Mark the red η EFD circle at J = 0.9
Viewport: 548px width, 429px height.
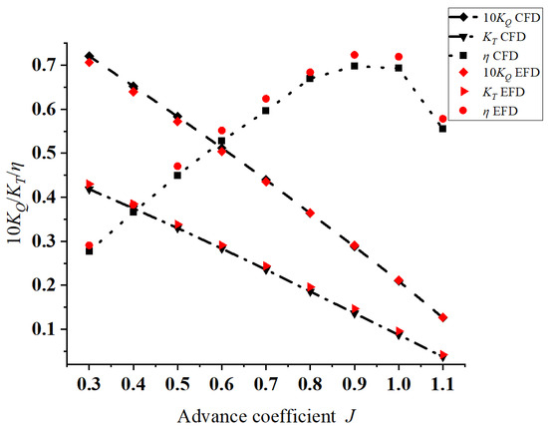click(355, 55)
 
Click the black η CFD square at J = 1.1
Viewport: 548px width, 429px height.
click(442, 128)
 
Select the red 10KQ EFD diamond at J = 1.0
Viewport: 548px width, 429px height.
click(399, 280)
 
